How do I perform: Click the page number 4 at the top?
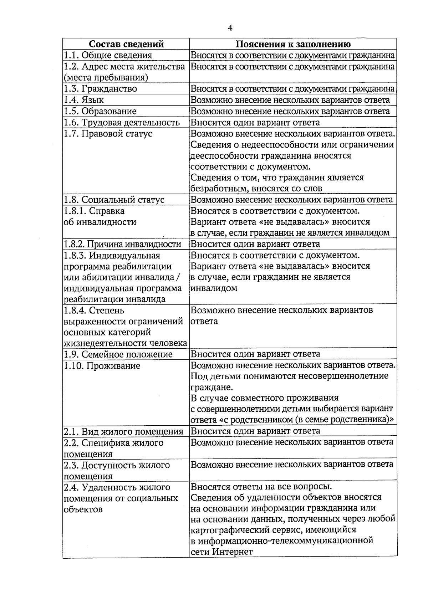(x=230, y=28)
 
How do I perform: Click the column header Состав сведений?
(x=126, y=44)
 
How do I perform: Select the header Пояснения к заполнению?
(x=293, y=44)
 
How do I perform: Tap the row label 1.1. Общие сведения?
(x=108, y=55)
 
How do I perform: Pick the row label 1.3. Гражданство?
(x=100, y=88)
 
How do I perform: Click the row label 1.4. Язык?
(x=84, y=100)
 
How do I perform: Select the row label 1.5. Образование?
(x=100, y=111)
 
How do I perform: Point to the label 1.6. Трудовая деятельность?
(x=122, y=123)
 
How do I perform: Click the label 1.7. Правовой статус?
(x=108, y=134)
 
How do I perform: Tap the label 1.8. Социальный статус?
(x=114, y=200)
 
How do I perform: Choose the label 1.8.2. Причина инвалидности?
(x=122, y=244)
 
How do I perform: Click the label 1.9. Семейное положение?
(x=118, y=354)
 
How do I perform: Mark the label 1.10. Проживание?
(x=102, y=366)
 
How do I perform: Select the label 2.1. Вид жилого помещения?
(x=123, y=432)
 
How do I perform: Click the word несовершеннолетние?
(x=343, y=376)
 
